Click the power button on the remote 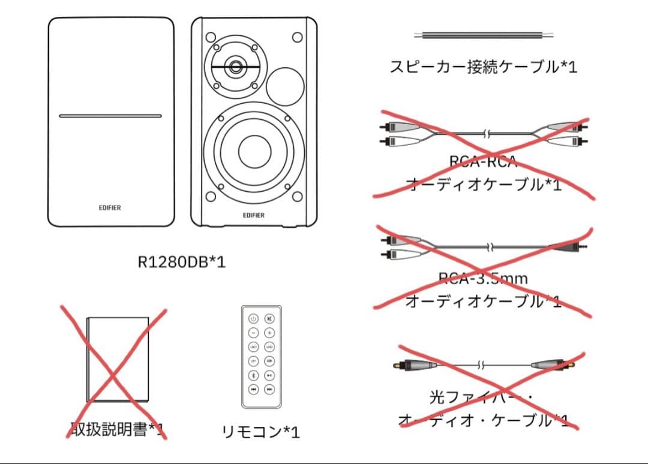point(253,319)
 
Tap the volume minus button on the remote point(253,333)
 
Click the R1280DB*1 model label point(182,262)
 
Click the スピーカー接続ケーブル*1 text point(483,67)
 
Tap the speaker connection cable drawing point(482,35)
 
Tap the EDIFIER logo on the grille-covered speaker point(110,208)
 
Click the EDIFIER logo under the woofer point(254,215)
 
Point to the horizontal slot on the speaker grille point(110,116)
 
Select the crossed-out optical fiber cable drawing point(483,364)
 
